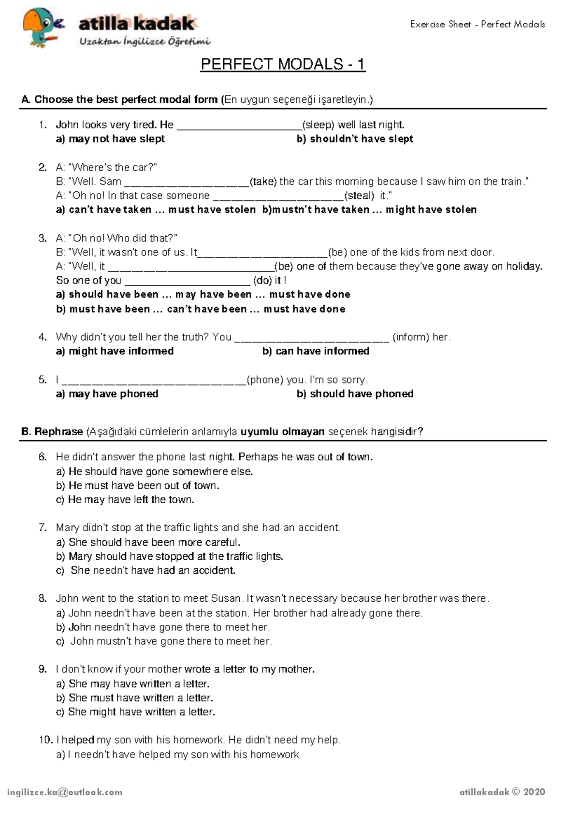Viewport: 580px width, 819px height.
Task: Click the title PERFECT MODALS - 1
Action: click(283, 64)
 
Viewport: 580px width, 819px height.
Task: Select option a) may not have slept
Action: click(111, 139)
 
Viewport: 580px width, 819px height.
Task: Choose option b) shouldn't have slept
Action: click(355, 139)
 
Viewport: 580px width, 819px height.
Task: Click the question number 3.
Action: click(43, 238)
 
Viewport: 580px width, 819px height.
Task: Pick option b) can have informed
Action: click(316, 351)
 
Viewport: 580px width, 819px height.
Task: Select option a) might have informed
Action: click(115, 351)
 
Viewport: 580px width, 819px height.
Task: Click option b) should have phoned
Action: click(355, 394)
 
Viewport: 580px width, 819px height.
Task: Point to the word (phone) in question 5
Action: click(265, 380)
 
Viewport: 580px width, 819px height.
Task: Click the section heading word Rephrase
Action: click(58, 432)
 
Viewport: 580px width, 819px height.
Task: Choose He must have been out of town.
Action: click(138, 486)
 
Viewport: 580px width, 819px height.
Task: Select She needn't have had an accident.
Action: click(146, 570)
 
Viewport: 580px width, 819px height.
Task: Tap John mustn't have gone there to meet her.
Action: click(164, 641)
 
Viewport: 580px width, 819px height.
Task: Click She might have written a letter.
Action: click(136, 712)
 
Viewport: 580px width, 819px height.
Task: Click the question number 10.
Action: click(45, 740)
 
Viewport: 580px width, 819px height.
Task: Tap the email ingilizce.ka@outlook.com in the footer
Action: click(65, 792)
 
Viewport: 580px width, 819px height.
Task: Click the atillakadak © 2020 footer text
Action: click(502, 792)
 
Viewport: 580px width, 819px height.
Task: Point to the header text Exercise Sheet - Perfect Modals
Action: click(477, 24)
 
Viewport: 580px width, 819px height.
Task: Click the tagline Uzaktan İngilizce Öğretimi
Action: click(145, 42)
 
